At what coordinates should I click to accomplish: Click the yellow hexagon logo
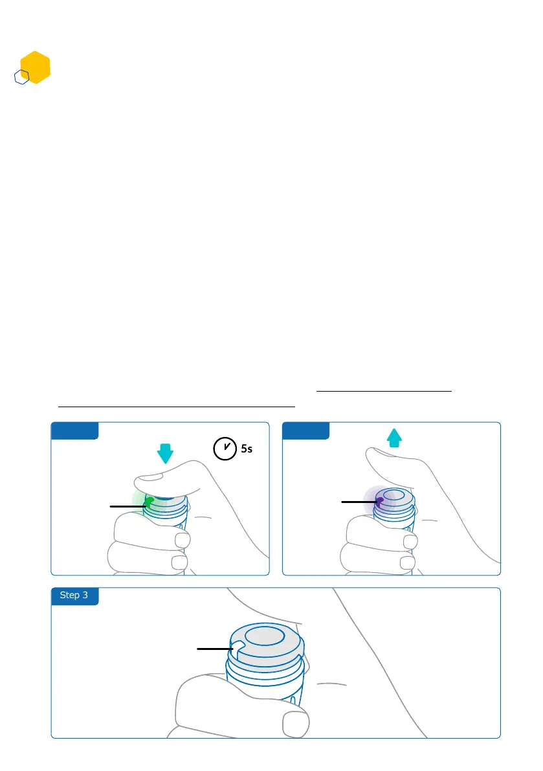pos(36,67)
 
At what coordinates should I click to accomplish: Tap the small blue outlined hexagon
pos(22,78)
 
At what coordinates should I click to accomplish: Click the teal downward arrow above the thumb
pos(166,453)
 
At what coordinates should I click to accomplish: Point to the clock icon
pos(224,447)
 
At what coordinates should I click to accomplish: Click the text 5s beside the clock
pos(246,448)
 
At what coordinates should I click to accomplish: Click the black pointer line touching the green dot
pos(128,506)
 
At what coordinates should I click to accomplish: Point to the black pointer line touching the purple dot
pos(359,502)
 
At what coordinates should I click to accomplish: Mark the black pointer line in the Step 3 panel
pos(214,647)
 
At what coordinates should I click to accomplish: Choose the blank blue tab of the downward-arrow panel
pos(74,430)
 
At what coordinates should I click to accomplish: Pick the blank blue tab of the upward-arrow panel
pos(305,430)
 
